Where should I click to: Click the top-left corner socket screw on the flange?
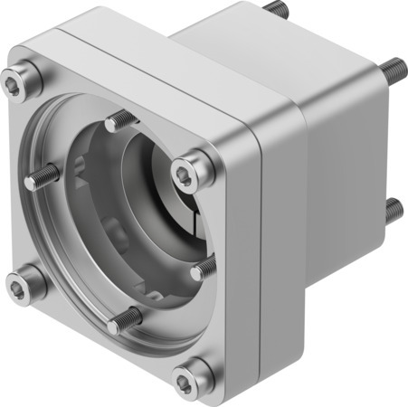pos(19,84)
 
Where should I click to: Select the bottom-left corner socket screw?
pos(24,285)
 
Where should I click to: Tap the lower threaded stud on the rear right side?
pos(393,210)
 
